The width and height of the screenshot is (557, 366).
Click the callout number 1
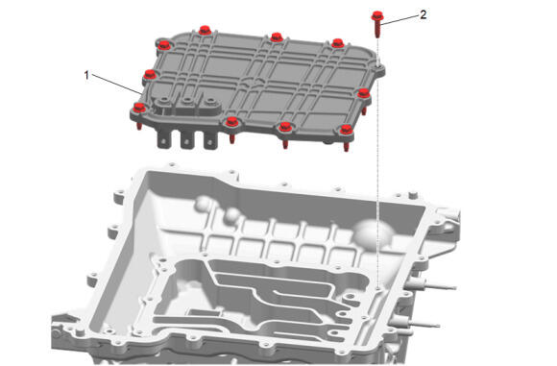(86, 75)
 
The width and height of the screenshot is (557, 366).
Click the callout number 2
(424, 15)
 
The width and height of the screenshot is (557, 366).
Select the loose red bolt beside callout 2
(376, 23)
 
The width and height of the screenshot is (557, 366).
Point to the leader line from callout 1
(116, 84)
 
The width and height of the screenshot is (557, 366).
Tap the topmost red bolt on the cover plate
(205, 30)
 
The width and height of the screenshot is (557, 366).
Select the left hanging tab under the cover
(163, 139)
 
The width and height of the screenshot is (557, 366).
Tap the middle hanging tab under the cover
(187, 139)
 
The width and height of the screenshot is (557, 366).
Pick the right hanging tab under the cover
(210, 140)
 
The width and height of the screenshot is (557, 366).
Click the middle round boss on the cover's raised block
(187, 101)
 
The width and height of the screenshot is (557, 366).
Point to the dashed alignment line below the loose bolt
(378, 163)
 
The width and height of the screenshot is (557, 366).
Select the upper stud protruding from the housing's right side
(432, 285)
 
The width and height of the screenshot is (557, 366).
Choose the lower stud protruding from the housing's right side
(416, 323)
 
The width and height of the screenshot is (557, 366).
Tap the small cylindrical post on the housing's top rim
(412, 194)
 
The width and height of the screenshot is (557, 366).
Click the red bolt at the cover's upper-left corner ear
(163, 45)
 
